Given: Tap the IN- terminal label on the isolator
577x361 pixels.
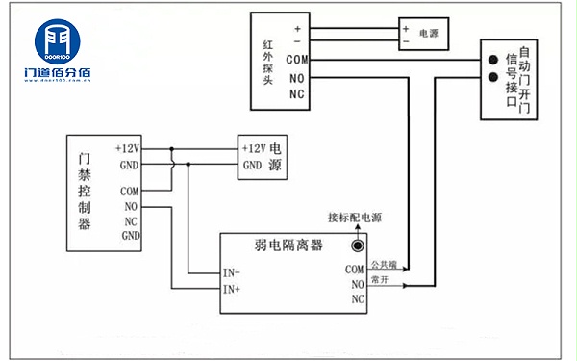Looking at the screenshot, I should click(233, 272).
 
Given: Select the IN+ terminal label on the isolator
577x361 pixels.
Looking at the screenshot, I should click(233, 288).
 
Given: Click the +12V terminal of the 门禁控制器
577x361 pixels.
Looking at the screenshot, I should click(127, 149).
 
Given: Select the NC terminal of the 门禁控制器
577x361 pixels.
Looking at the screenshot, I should click(130, 220).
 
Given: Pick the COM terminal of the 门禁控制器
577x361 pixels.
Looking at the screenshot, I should click(131, 192).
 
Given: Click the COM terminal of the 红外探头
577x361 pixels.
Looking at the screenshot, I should click(297, 60).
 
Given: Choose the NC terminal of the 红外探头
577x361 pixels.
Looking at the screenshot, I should click(297, 95).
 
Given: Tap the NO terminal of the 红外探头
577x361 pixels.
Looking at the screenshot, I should click(297, 78).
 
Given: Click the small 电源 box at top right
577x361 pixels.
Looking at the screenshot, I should click(423, 34).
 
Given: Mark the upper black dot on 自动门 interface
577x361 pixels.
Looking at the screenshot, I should click(493, 60).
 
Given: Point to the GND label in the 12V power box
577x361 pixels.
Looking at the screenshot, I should click(253, 165).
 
